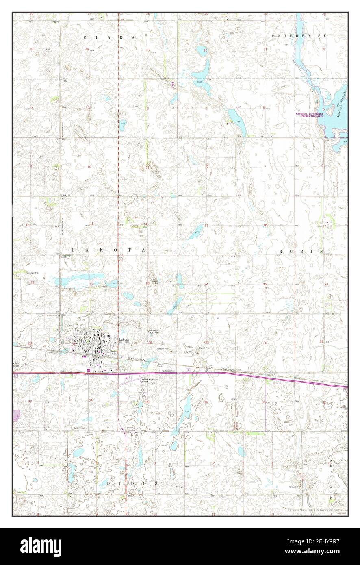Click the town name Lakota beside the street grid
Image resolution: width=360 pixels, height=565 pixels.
pos(124,339)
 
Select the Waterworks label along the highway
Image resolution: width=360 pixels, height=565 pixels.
pos(168,371)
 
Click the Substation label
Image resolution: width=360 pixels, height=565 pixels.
pos(79,428)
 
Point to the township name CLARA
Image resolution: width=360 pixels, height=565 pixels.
pos(108,37)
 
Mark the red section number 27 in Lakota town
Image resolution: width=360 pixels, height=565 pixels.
pos(74,343)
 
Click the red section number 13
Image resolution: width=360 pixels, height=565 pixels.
pos(206,225)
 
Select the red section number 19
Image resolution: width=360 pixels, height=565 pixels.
pos(265,284)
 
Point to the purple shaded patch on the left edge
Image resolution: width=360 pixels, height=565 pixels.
pos(16,415)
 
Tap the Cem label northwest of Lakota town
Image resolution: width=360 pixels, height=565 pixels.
pos(69,326)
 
